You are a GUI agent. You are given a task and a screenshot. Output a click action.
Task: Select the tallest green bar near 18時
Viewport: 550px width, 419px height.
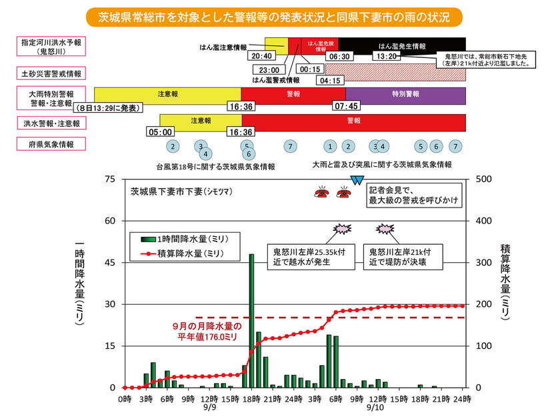[x=251, y=320]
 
